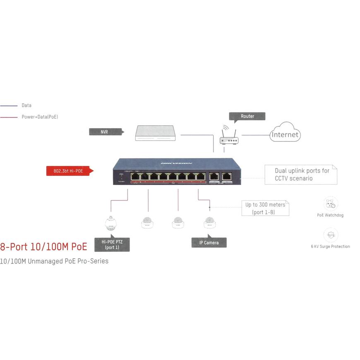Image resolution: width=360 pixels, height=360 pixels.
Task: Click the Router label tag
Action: (x=247, y=116)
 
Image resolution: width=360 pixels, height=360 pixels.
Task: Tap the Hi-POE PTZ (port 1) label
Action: (x=112, y=245)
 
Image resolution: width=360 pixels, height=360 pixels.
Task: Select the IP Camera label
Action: (x=209, y=242)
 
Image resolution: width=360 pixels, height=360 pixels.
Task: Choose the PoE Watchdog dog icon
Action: (x=330, y=204)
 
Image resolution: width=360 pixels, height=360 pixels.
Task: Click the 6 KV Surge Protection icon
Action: (x=330, y=235)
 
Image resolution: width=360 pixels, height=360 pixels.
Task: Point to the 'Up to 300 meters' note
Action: (x=265, y=208)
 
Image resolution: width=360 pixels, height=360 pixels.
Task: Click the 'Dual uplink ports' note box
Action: (x=301, y=175)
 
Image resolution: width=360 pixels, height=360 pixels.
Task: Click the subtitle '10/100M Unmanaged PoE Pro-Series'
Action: (x=54, y=261)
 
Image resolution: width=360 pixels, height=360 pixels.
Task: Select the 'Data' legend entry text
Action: (x=26, y=106)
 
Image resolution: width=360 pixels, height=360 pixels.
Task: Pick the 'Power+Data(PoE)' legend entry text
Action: (x=40, y=117)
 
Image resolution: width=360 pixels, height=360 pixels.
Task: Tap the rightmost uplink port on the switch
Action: (x=226, y=176)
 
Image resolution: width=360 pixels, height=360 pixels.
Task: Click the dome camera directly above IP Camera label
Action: (x=209, y=222)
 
